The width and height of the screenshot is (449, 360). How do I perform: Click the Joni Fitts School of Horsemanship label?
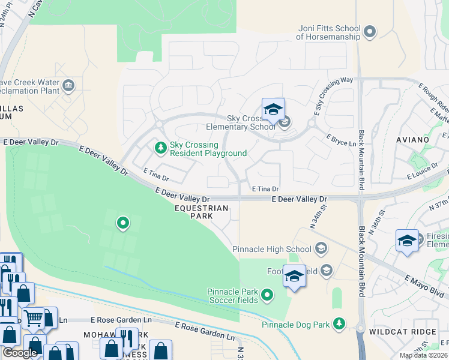click(x=328, y=32)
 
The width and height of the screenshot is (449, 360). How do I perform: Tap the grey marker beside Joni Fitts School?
click(x=370, y=31)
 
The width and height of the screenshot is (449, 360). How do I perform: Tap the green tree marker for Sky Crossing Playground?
click(x=160, y=146)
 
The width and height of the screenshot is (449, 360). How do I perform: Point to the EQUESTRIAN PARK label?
click(x=202, y=212)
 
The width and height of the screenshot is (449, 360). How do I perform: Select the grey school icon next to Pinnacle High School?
click(x=321, y=248)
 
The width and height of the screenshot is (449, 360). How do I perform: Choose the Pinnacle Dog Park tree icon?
click(x=339, y=324)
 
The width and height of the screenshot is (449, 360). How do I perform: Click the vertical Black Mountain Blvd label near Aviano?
click(x=361, y=160)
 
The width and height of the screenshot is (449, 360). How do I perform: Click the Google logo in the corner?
click(x=20, y=353)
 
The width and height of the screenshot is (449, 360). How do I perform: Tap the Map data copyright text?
click(x=423, y=355)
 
